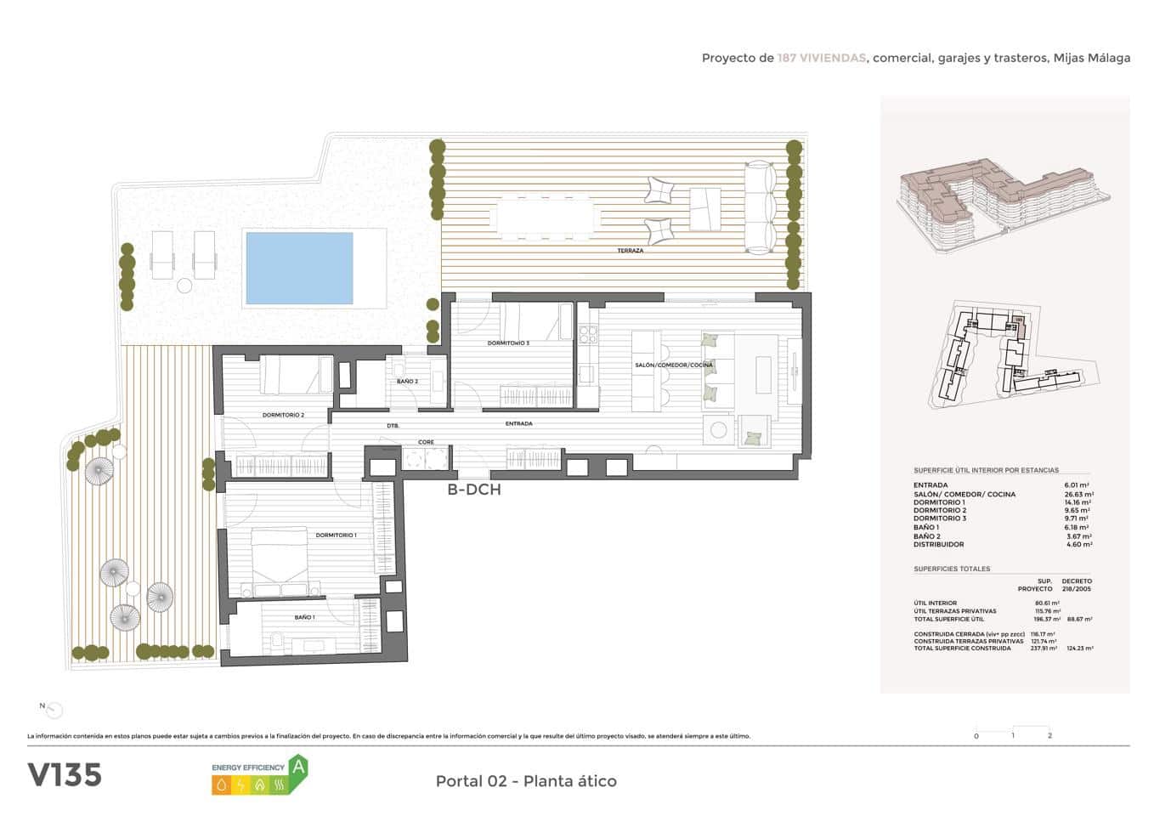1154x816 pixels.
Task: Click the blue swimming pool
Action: click(299, 268)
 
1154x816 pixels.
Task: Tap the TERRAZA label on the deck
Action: click(631, 251)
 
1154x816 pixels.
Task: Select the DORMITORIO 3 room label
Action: click(508, 343)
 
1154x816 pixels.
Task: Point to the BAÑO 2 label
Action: click(407, 382)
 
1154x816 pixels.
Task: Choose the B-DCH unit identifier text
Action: click(474, 490)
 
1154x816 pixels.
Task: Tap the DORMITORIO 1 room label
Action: click(336, 535)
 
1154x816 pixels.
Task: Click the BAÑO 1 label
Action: click(304, 617)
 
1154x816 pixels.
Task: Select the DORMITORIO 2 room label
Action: click(283, 415)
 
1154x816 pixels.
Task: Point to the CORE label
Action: click(426, 442)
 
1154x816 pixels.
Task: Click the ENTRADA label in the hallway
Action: click(518, 423)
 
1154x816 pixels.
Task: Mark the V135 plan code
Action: click(65, 775)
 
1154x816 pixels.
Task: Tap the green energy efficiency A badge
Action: click(297, 767)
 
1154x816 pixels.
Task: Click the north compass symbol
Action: click(54, 710)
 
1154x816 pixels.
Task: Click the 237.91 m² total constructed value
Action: click(1043, 649)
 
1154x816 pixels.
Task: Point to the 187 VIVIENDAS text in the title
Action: click(821, 59)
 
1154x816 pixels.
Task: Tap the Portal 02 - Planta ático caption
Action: click(526, 781)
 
